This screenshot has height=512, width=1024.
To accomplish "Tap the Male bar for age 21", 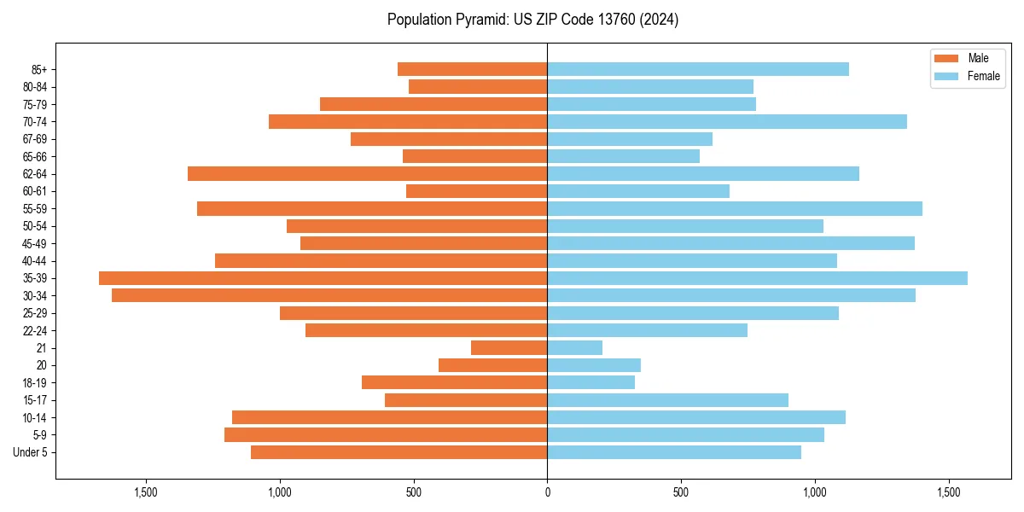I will click(x=509, y=348).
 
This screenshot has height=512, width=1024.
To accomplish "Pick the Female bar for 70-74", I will click(x=727, y=122).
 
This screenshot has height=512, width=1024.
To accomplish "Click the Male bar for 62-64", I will click(x=367, y=174).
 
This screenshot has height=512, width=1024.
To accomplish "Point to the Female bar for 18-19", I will click(x=591, y=383).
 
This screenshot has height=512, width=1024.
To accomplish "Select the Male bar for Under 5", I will click(x=399, y=452).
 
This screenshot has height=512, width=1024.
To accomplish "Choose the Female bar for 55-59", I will click(x=735, y=209).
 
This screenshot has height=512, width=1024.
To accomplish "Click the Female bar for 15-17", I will click(x=667, y=400).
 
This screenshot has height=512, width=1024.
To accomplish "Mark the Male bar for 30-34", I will click(x=329, y=296).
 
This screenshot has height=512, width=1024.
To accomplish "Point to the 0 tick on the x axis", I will click(x=547, y=492).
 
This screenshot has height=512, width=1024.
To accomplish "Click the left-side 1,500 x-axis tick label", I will click(x=146, y=492).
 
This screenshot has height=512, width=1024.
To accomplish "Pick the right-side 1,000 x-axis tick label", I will click(x=815, y=492).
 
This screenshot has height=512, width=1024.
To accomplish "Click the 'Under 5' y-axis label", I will click(x=31, y=452).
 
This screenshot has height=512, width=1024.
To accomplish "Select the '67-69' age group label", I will click(x=35, y=139).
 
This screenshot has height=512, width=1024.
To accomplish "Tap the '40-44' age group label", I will click(x=35, y=261).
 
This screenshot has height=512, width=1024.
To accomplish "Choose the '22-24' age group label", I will click(x=35, y=331).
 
